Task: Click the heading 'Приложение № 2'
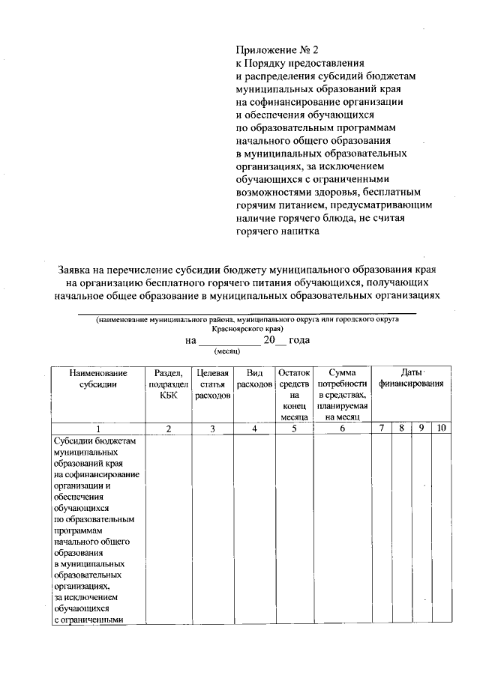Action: [x=272, y=49]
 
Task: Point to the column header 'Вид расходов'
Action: [x=254, y=378]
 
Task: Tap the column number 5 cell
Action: [x=294, y=429]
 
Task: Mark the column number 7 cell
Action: [x=382, y=429]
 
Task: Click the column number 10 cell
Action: [x=441, y=429]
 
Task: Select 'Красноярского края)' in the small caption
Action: [x=247, y=328]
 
